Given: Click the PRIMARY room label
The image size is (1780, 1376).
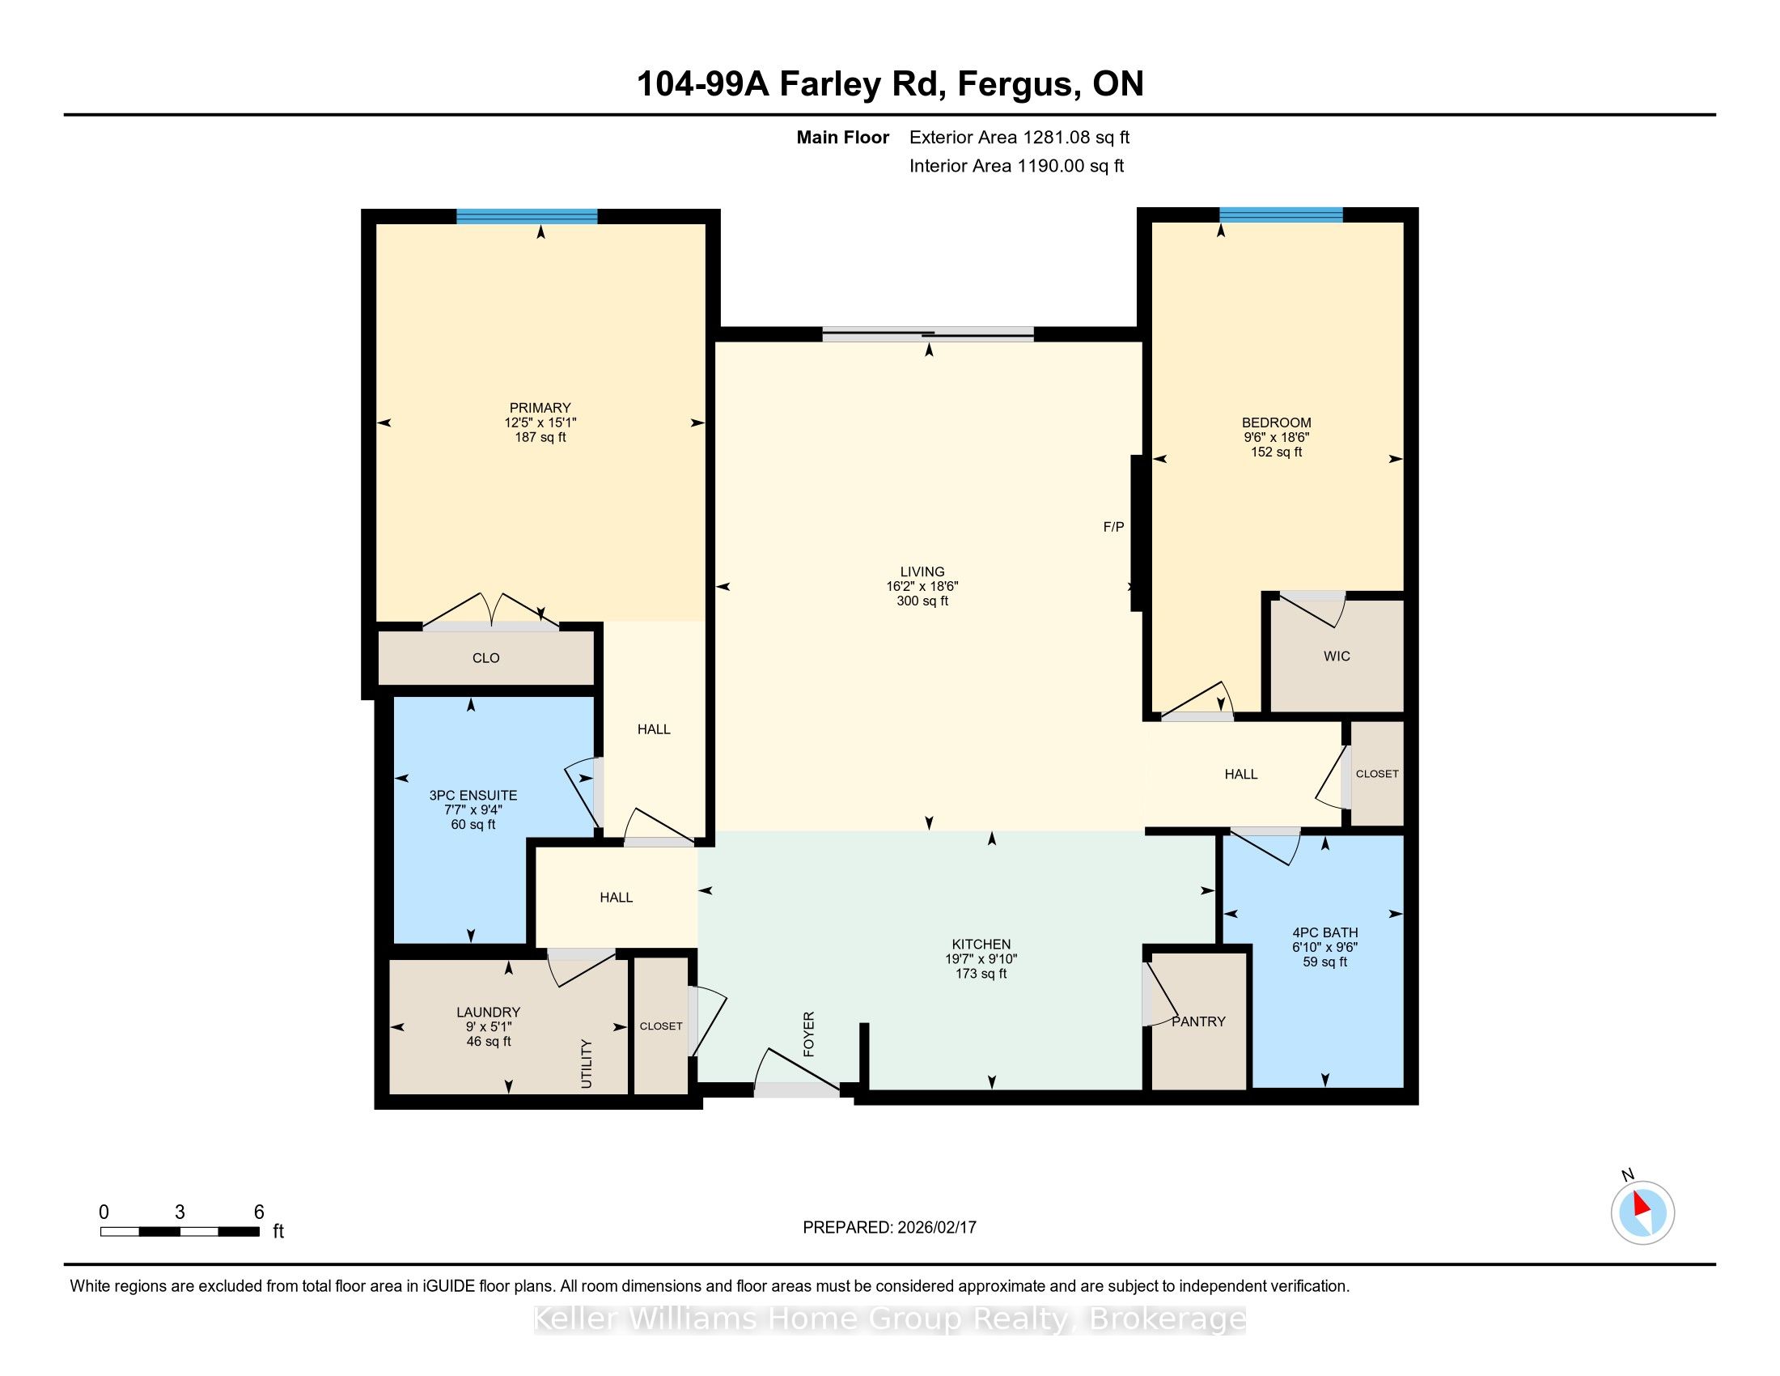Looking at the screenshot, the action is [540, 408].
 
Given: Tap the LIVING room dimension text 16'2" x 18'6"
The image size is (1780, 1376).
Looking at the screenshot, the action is [922, 586].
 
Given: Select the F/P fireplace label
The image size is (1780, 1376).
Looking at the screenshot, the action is [1113, 527].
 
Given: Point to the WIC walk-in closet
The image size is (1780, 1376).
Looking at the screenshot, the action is [1337, 656].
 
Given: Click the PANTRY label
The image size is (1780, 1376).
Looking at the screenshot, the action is [1198, 1021].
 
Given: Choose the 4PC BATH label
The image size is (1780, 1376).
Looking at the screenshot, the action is [1325, 932].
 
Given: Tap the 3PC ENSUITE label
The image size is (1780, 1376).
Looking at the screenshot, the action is [473, 796].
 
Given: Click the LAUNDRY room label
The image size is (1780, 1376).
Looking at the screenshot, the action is [488, 1013].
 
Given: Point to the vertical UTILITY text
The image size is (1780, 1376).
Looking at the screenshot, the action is [586, 1064].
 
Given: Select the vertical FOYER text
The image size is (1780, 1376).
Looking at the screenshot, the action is [808, 1034].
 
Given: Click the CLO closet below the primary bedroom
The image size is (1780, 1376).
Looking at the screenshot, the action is [485, 658].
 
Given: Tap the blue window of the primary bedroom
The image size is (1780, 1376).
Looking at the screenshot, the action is [527, 216].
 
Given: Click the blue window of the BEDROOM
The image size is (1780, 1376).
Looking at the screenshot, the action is [1282, 214].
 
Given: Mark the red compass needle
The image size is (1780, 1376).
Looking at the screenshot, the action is [1642, 1204].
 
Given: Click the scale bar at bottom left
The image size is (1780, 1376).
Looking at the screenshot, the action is [180, 1232].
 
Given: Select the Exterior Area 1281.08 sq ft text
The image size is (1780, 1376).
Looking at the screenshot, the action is [1019, 138].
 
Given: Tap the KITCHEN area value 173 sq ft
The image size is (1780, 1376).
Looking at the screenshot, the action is [981, 974].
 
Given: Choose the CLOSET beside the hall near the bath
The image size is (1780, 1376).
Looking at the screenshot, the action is [1376, 775].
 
